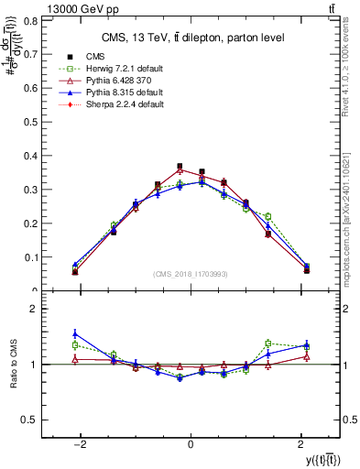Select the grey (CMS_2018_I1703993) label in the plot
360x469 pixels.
(190, 274)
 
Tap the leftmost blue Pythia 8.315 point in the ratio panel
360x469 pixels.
(75, 333)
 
